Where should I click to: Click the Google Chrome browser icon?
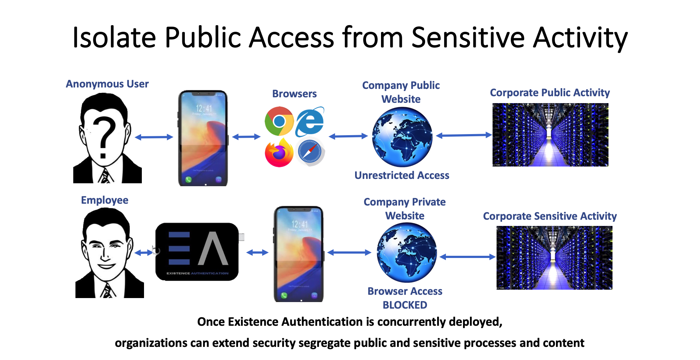coord(279,121)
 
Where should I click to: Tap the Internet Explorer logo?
coord(310,122)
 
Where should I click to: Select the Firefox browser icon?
coord(279,153)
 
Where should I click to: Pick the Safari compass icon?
coord(310,151)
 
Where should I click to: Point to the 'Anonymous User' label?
coord(107,84)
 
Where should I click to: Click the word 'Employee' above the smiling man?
coord(105,200)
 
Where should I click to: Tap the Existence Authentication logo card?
coord(197,252)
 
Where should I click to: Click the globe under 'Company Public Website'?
coord(402,137)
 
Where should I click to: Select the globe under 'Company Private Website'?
coord(407,253)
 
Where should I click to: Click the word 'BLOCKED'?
coord(405,305)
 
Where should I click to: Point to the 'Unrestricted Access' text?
coord(402,175)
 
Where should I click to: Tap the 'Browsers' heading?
coord(294,94)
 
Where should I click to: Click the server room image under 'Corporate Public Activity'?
coord(550,135)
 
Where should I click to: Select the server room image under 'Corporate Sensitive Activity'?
coord(554,258)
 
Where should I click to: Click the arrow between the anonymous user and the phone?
coord(154,137)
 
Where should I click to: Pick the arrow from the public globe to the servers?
coord(464,135)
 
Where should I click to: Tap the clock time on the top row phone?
coord(204,108)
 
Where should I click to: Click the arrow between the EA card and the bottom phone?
coord(257,253)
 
